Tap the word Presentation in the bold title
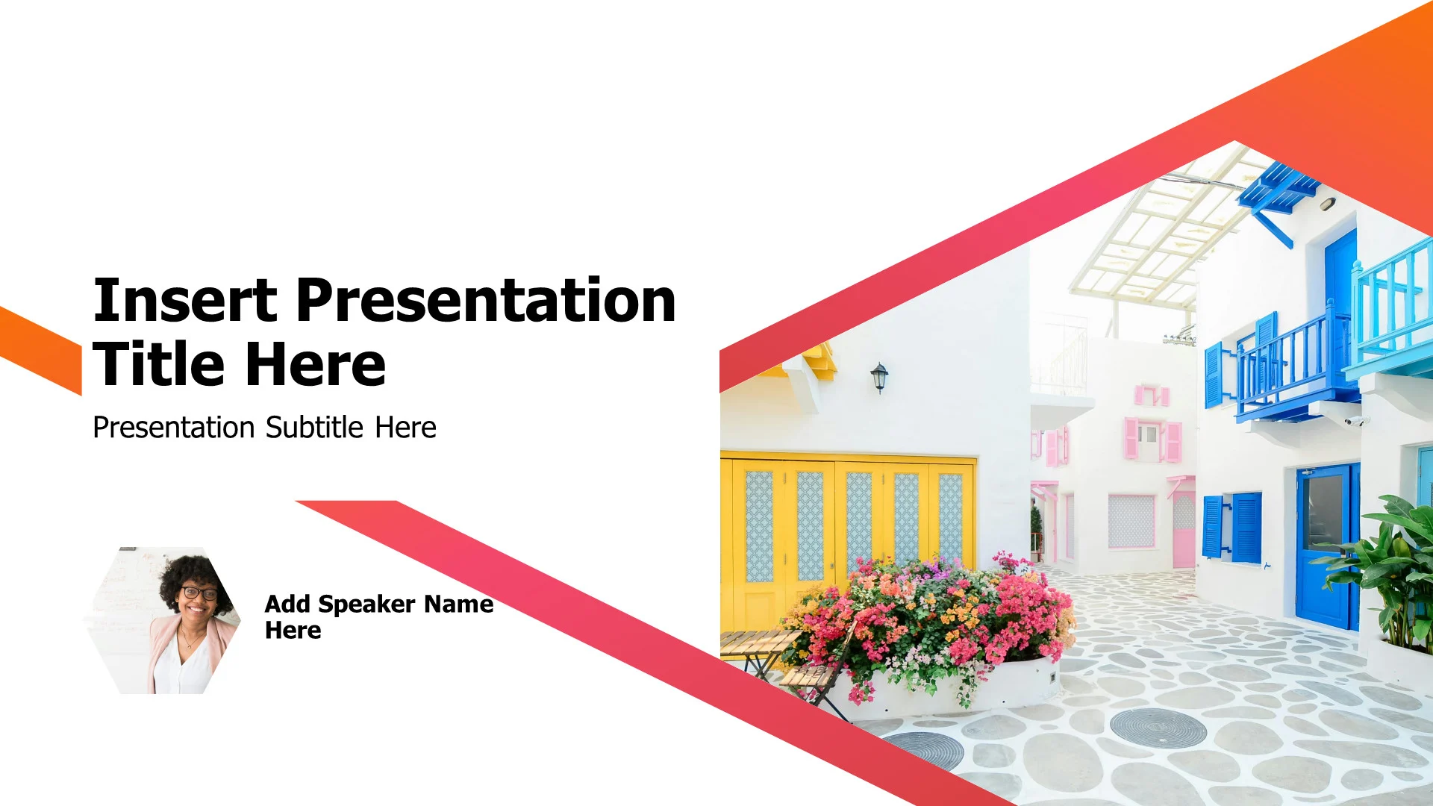point(486,300)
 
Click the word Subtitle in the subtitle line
point(314,428)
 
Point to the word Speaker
point(366,604)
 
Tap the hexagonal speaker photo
point(163,621)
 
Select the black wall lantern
point(879,377)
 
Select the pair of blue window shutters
point(1232,528)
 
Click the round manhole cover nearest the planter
point(1157,728)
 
